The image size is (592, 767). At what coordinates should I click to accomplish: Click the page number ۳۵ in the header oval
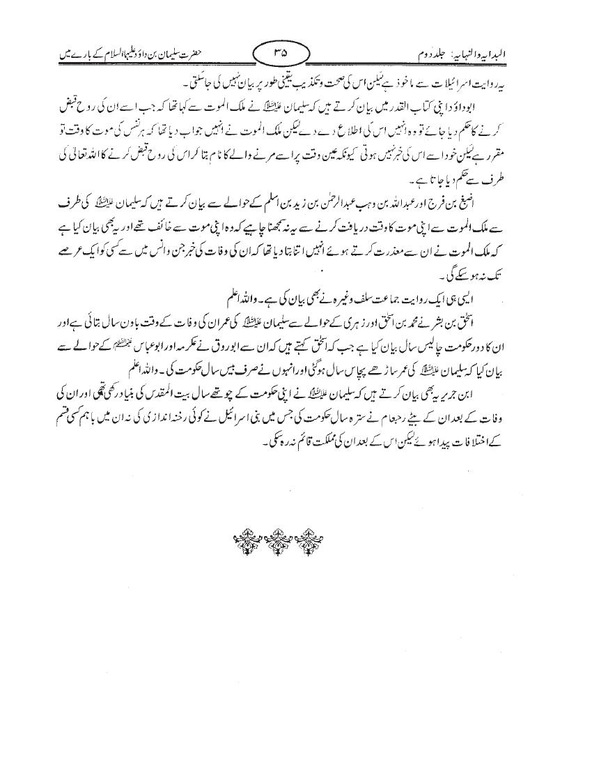pos(279,50)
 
